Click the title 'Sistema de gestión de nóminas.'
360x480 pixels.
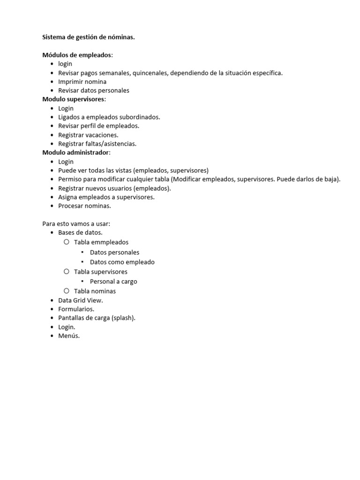(x=89, y=37)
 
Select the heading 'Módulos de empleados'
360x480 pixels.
(x=77, y=55)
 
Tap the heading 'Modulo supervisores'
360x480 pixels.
(x=74, y=99)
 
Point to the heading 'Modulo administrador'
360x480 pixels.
(x=76, y=153)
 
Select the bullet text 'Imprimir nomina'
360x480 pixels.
(x=82, y=82)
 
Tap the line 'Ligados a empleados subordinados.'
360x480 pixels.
(x=109, y=117)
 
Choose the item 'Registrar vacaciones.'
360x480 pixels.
(x=88, y=135)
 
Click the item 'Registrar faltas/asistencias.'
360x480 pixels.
(x=97, y=144)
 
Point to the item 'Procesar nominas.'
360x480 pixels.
(x=84, y=206)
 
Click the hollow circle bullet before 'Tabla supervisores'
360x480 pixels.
(x=66, y=271)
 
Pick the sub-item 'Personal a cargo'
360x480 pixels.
(x=113, y=282)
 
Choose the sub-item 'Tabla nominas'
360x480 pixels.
(x=95, y=291)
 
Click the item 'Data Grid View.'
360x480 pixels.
(x=80, y=300)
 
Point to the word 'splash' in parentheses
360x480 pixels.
(x=123, y=318)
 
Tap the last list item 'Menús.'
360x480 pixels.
(x=69, y=336)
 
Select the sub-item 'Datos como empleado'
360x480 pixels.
(x=122, y=262)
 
